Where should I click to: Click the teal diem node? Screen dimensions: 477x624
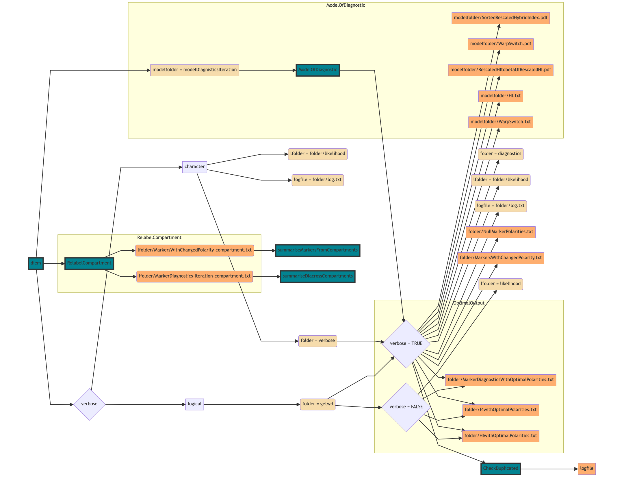click(36, 263)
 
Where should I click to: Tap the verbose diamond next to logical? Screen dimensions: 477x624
click(89, 404)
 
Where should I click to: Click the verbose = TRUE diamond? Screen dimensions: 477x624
click(406, 344)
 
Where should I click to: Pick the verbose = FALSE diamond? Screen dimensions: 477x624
click(406, 407)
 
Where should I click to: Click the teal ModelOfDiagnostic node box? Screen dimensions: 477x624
click(317, 70)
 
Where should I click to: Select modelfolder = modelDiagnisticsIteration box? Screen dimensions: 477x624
click(194, 70)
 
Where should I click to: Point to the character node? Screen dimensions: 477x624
click(194, 167)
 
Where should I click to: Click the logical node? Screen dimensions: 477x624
click(194, 404)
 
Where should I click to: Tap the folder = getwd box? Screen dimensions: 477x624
click(317, 404)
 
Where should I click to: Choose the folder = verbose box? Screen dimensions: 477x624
click(317, 341)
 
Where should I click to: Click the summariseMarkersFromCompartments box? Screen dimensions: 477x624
click(317, 250)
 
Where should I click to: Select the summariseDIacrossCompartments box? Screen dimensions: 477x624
click(317, 276)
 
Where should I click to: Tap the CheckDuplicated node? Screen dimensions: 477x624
click(500, 469)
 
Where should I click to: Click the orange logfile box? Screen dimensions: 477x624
click(586, 469)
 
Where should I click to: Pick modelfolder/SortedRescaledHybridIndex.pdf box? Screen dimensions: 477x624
click(500, 18)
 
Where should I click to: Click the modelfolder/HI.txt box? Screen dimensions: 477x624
click(500, 96)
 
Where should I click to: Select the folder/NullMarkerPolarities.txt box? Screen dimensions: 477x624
click(500, 232)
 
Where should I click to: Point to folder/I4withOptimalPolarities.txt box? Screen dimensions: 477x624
click(500, 410)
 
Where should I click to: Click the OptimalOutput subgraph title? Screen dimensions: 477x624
click(469, 303)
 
